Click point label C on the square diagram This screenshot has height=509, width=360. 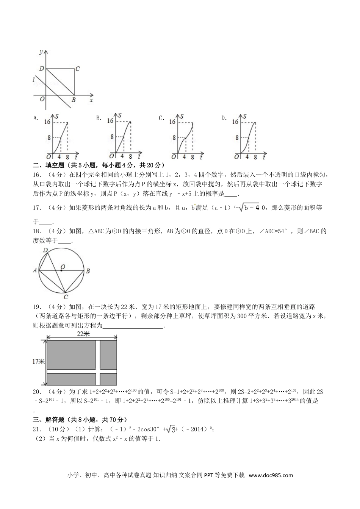pyautogui.click(x=77, y=69)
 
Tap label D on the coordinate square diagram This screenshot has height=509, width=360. pyautogui.click(x=42, y=69)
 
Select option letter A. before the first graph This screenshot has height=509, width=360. pyautogui.click(x=36, y=118)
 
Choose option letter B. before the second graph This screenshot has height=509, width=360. pyautogui.click(x=99, y=118)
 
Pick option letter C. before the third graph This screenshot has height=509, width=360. pyautogui.click(x=162, y=118)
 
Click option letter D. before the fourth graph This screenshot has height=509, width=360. pyautogui.click(x=224, y=118)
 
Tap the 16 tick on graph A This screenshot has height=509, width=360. pyautogui.click(x=47, y=122)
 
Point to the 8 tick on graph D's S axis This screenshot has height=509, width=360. pyautogui.click(x=237, y=138)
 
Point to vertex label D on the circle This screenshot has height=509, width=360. pyautogui.click(x=45, y=250)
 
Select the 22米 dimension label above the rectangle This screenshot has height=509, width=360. pyautogui.click(x=83, y=334)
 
